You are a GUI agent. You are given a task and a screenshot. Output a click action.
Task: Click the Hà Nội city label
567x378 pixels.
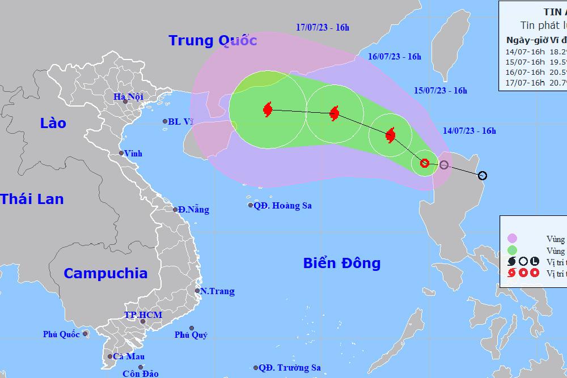(x=128, y=97)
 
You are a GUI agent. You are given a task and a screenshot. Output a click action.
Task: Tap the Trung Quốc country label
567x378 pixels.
(x=213, y=41)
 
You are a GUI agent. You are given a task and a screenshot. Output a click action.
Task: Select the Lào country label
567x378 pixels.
(x=53, y=123)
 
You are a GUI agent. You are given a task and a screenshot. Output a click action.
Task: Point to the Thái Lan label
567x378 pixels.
(x=32, y=199)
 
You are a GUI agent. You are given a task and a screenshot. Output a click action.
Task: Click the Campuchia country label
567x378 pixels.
(x=105, y=273)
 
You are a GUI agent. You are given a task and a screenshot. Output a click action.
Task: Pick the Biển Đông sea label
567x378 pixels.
(x=341, y=263)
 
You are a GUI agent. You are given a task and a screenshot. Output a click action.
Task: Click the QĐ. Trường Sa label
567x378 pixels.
(x=290, y=368)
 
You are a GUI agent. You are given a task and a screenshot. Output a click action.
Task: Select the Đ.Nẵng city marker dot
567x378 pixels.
(x=176, y=210)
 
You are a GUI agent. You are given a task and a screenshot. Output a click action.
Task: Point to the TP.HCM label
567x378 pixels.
(x=143, y=315)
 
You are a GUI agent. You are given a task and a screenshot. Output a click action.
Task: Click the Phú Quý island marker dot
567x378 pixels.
(x=192, y=328)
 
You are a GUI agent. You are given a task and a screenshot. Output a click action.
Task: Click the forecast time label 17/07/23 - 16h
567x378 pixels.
(x=323, y=27)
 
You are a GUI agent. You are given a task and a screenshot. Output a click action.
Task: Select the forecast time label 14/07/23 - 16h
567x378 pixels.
(x=469, y=131)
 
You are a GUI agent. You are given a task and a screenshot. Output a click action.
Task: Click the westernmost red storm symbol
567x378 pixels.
(x=268, y=109)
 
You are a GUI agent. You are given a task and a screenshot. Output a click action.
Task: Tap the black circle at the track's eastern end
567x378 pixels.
(x=483, y=176)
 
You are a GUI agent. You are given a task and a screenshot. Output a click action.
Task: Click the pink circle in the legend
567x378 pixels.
(x=513, y=239)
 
